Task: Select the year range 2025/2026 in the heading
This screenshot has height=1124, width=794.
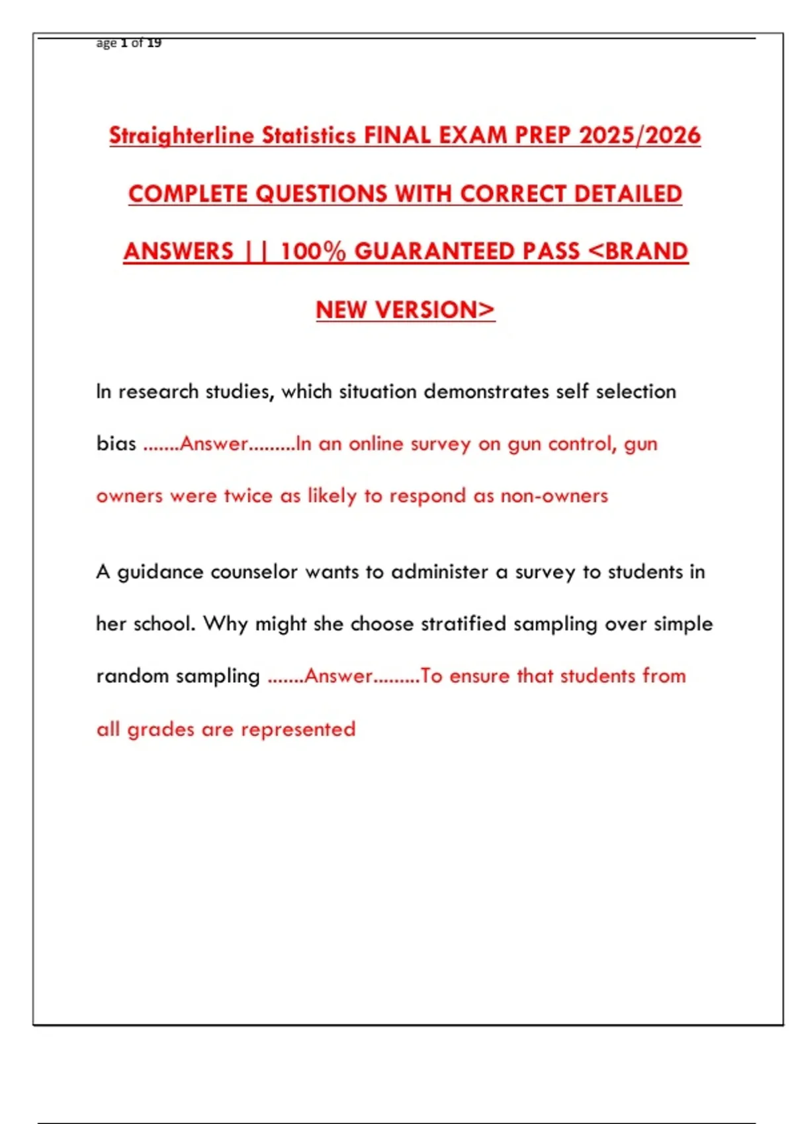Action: [x=639, y=136]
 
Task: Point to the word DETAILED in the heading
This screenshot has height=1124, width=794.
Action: [x=628, y=194]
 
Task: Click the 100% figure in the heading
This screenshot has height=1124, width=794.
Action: [x=313, y=251]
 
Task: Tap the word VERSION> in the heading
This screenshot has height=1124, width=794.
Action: [x=434, y=309]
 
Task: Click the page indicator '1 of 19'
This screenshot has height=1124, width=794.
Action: [x=141, y=43]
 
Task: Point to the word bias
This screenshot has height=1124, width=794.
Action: [x=116, y=444]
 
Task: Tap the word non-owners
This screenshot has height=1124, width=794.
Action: [x=554, y=496]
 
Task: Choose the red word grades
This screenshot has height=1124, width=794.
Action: [x=161, y=729]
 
